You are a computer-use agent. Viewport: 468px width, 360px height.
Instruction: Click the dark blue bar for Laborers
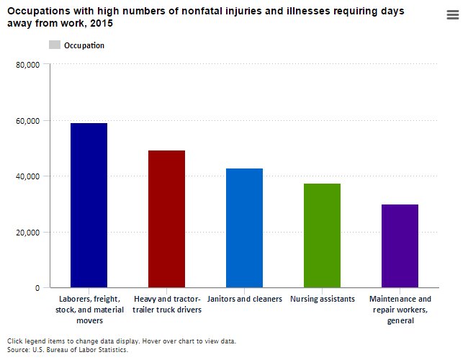click(x=89, y=205)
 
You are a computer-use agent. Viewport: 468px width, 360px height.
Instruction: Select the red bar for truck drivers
click(x=166, y=219)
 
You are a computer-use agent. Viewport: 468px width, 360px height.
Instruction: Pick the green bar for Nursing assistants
click(x=322, y=235)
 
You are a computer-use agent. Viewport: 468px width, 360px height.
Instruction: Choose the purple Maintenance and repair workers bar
click(x=400, y=246)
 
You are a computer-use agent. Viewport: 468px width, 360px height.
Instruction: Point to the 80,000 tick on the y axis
click(x=29, y=65)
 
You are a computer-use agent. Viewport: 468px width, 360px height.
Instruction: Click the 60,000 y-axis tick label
click(x=29, y=121)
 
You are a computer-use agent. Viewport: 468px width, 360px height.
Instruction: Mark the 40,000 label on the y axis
click(x=29, y=176)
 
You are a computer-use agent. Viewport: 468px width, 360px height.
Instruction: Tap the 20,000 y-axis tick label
click(x=29, y=233)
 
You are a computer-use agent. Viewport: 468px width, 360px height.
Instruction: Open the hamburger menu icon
click(x=453, y=15)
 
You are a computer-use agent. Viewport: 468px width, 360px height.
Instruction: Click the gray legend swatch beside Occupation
click(x=55, y=45)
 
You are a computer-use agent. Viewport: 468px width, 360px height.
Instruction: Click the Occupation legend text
click(x=84, y=45)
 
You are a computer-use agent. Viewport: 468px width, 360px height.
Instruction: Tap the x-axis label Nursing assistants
click(x=322, y=299)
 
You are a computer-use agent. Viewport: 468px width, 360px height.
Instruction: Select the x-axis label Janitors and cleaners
click(x=244, y=299)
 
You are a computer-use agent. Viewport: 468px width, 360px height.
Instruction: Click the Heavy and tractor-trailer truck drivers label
click(x=166, y=304)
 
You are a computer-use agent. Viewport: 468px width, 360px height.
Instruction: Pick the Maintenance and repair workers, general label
click(x=400, y=309)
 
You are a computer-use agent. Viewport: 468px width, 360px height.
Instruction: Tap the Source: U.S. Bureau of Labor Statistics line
click(x=68, y=349)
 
